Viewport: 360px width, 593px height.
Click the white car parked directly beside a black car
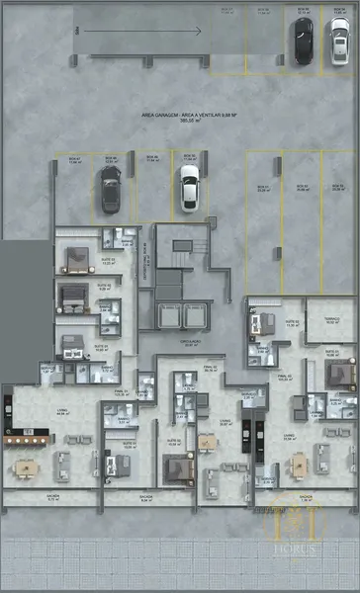(x=339, y=40)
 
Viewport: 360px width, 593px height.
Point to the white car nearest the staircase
(x=188, y=187)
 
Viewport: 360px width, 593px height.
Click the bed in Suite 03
(x=76, y=259)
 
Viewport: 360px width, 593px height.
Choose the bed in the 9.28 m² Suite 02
(x=72, y=295)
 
